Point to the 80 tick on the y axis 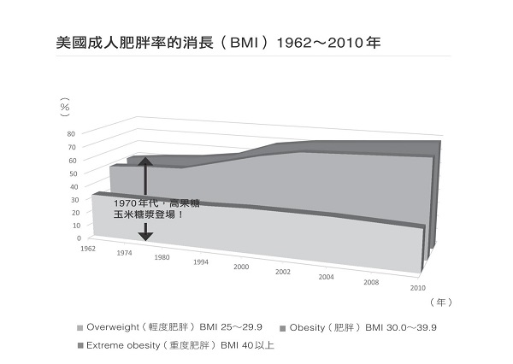click(x=73, y=134)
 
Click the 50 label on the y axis click(x=73, y=173)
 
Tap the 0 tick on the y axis click(x=77, y=238)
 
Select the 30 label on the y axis click(x=73, y=199)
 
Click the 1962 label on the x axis click(x=86, y=249)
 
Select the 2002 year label click(x=283, y=272)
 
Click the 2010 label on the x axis click(x=418, y=287)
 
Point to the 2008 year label click(x=370, y=282)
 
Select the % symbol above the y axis click(x=64, y=109)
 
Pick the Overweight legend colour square click(x=80, y=327)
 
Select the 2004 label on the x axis click(x=326, y=277)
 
